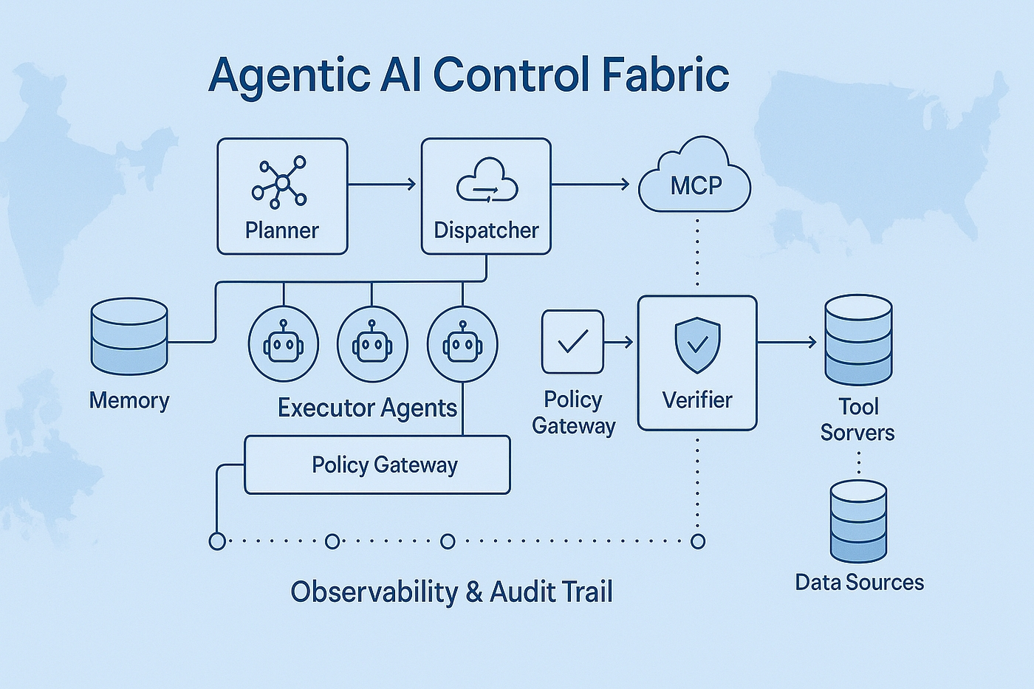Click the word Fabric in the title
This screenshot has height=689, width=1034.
point(665,75)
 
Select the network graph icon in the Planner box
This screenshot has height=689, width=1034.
point(280,182)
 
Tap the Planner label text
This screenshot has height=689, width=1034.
point(281,230)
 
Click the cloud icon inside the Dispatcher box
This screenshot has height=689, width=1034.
point(487,180)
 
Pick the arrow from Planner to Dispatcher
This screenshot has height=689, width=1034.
point(382,185)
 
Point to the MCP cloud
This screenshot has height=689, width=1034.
point(694,175)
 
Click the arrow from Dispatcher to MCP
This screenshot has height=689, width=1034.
point(590,185)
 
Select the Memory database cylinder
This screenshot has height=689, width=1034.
point(129,335)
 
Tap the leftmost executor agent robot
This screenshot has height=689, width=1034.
point(284,344)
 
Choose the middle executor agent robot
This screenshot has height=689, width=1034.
point(372,344)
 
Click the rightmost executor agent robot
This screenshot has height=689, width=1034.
point(462,344)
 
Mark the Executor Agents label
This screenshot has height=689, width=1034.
point(367,408)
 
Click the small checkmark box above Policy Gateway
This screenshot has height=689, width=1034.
point(573,341)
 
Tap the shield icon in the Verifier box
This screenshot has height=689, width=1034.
point(697,345)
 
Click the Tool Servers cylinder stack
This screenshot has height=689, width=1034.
point(858,340)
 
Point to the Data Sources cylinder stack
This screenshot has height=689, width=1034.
point(858,521)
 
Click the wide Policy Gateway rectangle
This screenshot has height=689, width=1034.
point(377,465)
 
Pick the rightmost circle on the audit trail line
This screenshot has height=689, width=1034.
point(698,541)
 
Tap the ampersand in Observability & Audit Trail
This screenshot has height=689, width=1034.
point(474,592)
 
